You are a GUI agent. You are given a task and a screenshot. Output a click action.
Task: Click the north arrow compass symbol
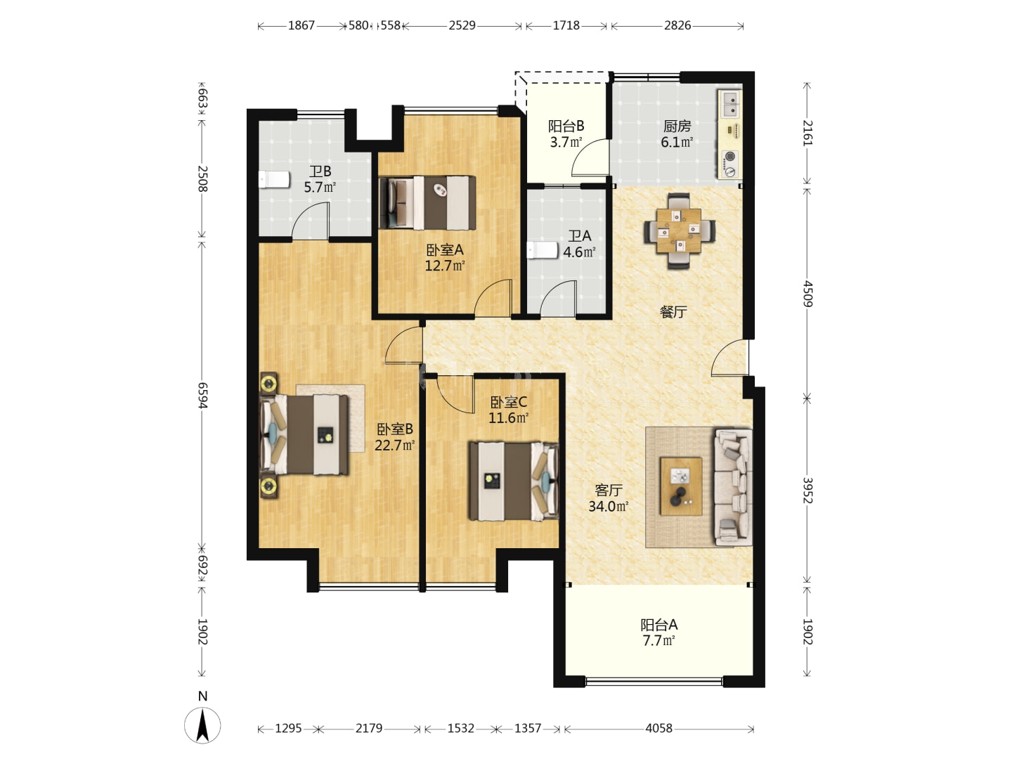[202, 725]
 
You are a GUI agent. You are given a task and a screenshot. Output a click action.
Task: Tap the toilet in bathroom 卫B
[274, 179]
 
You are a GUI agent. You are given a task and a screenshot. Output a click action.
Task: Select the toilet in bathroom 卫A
[543, 249]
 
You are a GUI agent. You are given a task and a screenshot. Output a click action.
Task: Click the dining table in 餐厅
[679, 231]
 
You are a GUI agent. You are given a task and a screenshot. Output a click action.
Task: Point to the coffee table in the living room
[680, 486]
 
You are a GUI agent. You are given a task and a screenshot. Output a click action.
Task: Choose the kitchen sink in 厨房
[730, 104]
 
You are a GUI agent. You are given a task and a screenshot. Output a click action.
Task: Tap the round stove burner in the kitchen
[730, 156]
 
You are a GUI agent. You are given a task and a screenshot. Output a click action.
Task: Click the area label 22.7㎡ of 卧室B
[394, 445]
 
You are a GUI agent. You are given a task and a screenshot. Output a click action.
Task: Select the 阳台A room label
[659, 625]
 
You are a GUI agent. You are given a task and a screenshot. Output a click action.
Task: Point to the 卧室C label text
[508, 402]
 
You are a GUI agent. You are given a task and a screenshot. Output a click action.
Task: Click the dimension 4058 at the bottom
[659, 728]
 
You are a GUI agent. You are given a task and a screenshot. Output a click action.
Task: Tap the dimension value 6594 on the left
[203, 395]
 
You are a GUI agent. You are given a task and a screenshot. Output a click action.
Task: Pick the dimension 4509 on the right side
[807, 293]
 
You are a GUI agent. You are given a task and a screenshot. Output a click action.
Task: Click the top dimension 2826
[677, 25]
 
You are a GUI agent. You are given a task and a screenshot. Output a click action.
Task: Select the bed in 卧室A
[427, 203]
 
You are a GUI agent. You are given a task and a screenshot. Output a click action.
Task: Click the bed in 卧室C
[514, 481]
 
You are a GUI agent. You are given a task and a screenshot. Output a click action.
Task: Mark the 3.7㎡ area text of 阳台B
[566, 142]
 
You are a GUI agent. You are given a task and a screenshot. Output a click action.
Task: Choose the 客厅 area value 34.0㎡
[609, 507]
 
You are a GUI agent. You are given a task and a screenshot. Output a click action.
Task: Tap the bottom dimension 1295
[288, 728]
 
